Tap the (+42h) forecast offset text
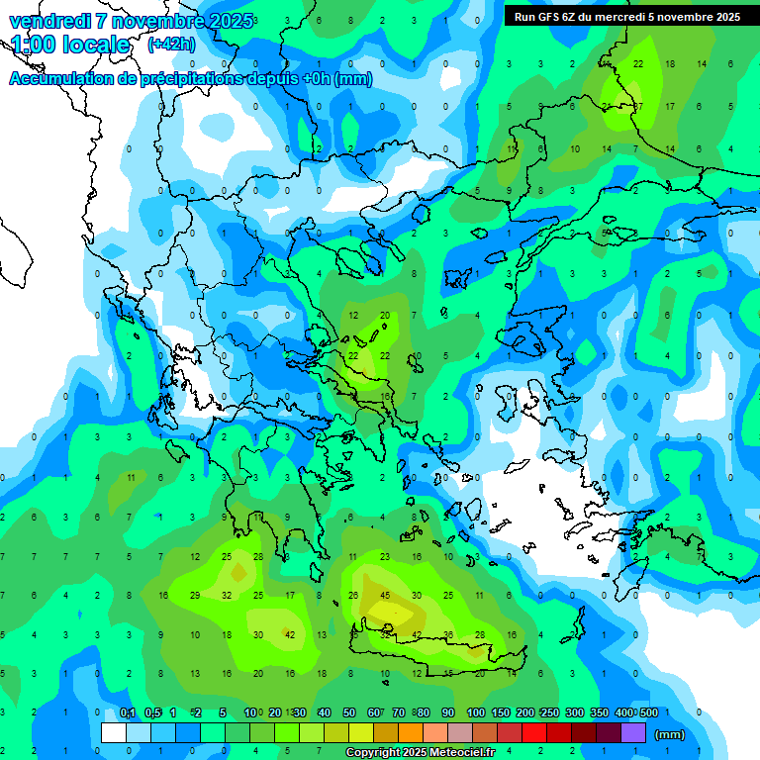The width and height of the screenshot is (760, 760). pos(170,45)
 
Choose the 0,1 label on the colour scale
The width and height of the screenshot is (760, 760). pos(127,713)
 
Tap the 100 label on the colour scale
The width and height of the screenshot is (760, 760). pos(475,713)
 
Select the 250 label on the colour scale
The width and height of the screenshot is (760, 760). pos(548,713)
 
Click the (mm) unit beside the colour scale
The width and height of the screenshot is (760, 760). pos(670,734)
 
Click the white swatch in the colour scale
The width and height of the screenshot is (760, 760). pos(114,733)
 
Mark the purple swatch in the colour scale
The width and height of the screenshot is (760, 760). pos(633,733)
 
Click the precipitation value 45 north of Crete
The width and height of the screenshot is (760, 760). pos(385,596)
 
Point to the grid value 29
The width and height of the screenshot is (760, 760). pos(195,596)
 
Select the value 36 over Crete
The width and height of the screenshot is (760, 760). pos(448,635)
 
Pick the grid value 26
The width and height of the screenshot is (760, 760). pos(353,596)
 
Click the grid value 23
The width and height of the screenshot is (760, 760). pos(385,557)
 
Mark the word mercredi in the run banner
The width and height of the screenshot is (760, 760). pos(622,17)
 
